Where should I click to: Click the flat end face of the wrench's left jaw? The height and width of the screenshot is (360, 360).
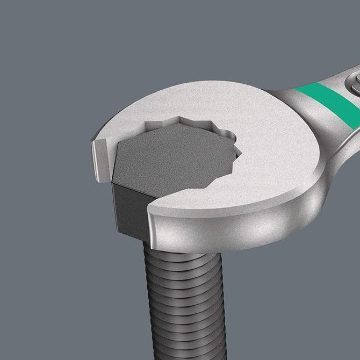click(100, 159)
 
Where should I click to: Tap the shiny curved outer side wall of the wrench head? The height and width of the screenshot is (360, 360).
click(242, 226)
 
